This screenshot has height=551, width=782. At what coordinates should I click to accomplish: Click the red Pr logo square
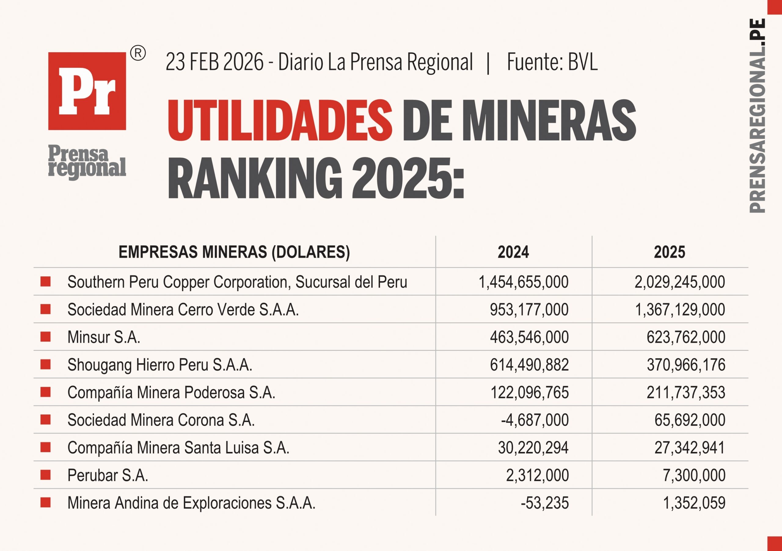tap(87, 91)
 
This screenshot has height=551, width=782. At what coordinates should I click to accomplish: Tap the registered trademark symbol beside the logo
tap(138, 54)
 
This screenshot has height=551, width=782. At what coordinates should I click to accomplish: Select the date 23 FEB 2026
tap(214, 62)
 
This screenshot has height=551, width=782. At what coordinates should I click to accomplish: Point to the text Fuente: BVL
tap(552, 62)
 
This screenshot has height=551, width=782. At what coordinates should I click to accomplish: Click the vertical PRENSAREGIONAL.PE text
tap(758, 116)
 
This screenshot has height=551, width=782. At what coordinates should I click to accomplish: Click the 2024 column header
tap(513, 252)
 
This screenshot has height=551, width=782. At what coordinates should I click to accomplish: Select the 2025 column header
tap(669, 252)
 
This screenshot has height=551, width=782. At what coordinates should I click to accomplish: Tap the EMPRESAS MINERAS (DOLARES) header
tap(234, 252)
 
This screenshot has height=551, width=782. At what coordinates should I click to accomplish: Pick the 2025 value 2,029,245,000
tap(679, 282)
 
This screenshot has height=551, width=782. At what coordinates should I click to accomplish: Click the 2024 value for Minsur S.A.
tap(529, 337)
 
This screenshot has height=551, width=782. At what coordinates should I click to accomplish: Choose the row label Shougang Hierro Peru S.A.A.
tap(160, 365)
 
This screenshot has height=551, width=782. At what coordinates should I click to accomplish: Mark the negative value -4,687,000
tap(535, 420)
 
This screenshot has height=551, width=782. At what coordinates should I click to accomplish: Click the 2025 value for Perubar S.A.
tap(694, 475)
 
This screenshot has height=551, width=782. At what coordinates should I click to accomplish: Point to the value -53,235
tap(545, 503)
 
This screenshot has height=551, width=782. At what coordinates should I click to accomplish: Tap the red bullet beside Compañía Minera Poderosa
tap(45, 392)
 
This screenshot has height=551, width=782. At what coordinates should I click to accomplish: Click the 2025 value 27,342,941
tap(690, 448)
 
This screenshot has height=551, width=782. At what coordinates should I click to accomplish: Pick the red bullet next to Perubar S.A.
tap(45, 475)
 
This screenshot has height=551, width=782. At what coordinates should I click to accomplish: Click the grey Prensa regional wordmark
tap(87, 162)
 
